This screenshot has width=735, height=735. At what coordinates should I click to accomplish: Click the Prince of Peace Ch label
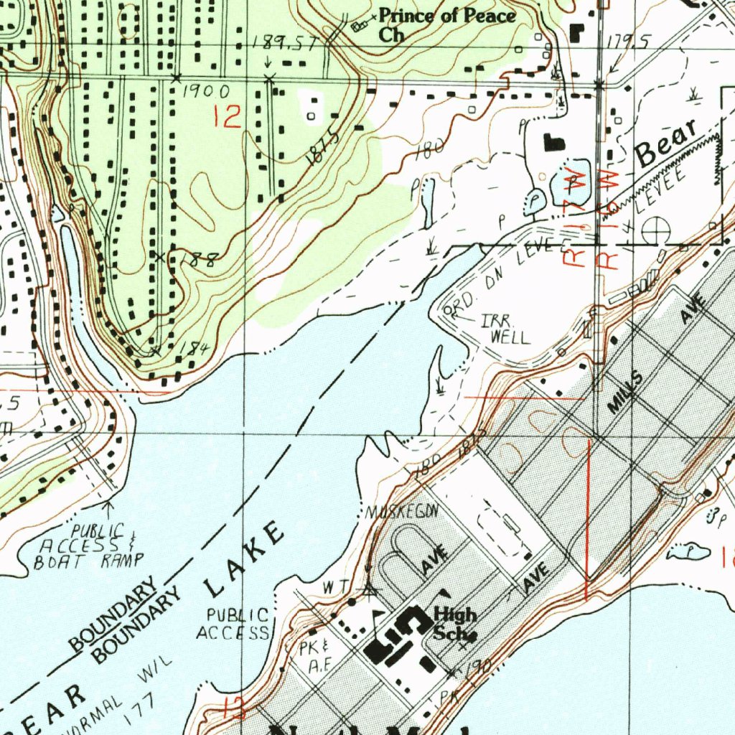click(x=446, y=24)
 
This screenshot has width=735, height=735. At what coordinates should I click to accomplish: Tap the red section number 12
click(x=228, y=116)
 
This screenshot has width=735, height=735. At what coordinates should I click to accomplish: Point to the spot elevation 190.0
click(x=206, y=91)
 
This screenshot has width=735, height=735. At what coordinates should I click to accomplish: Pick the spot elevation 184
click(x=194, y=349)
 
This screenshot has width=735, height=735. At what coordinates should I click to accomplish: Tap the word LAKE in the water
click(x=245, y=561)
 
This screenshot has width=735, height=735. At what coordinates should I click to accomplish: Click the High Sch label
click(x=454, y=623)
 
